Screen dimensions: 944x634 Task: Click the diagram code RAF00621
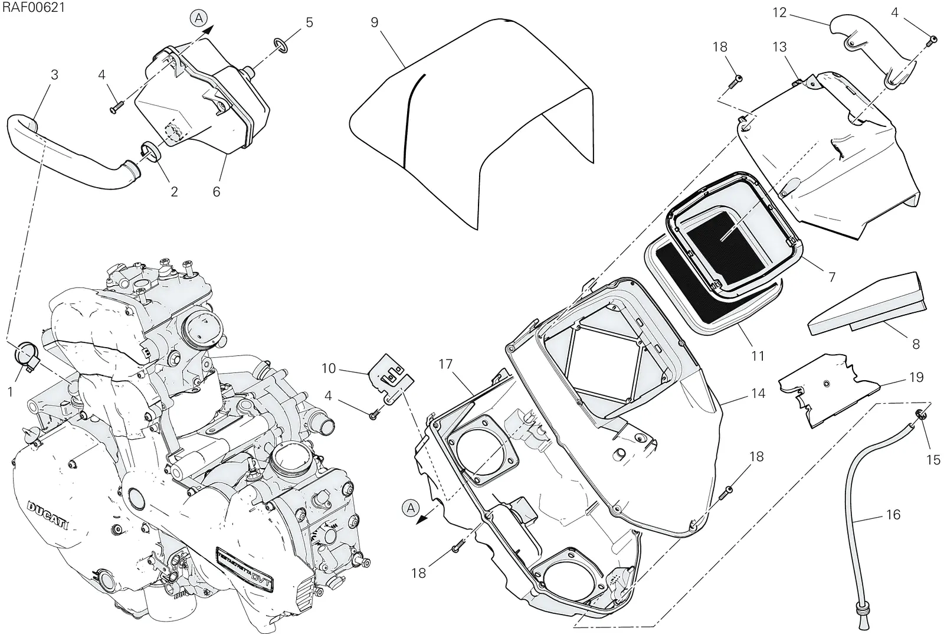[x=34, y=7]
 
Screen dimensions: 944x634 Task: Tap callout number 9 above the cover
[x=375, y=22]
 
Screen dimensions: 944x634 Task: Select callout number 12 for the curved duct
[x=779, y=12]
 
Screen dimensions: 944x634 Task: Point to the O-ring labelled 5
[x=281, y=45]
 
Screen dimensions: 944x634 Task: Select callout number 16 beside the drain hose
[x=893, y=515]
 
